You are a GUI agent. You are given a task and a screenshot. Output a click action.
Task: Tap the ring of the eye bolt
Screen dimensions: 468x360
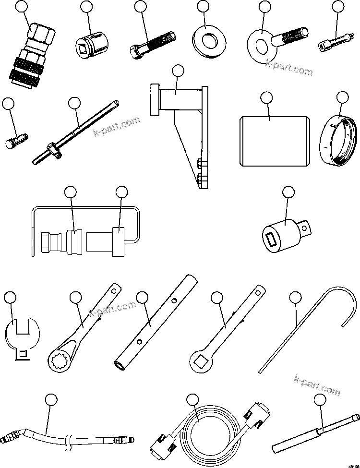point(261,46)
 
